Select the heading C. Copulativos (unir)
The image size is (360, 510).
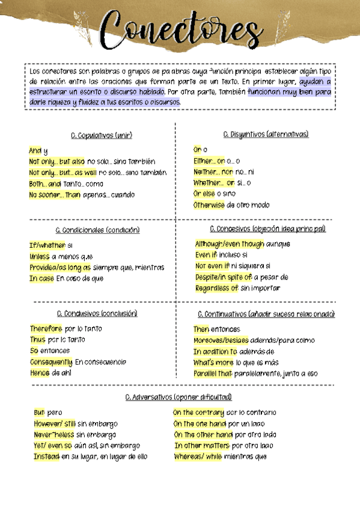101,135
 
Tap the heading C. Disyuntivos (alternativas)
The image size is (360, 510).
265,134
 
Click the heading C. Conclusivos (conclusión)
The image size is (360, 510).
97,313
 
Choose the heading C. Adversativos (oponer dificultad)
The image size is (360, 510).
178,397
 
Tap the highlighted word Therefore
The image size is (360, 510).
46,329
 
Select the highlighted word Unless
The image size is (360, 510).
40,257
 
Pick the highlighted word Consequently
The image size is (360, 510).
52,362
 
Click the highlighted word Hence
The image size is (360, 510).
40,373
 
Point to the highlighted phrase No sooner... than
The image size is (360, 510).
54,195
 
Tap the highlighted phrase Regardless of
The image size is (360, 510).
216,288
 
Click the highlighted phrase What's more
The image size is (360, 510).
213,363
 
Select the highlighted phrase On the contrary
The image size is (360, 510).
199,413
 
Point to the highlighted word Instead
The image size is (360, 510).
46,456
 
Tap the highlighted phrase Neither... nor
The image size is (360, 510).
213,172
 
